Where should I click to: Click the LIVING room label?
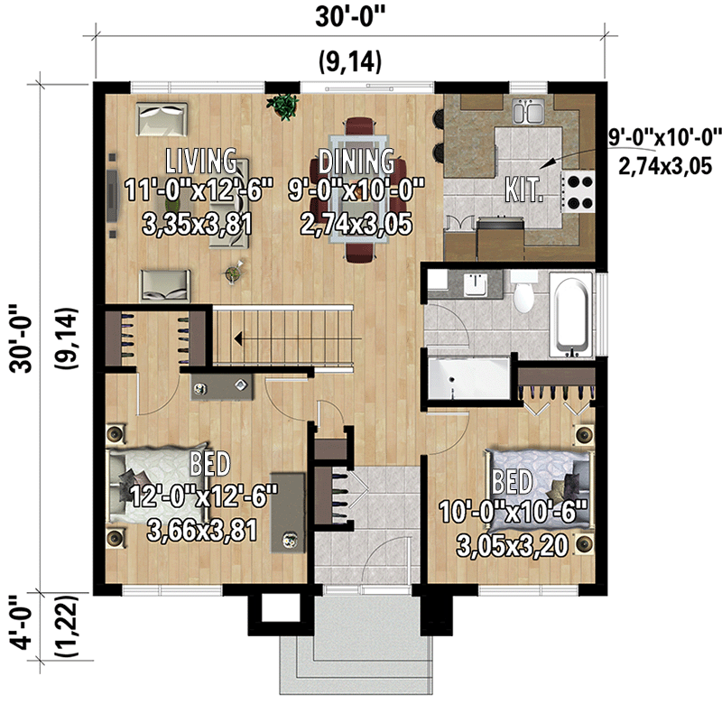click(x=200, y=162)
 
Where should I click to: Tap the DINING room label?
click(x=356, y=162)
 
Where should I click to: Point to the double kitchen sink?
click(x=527, y=113)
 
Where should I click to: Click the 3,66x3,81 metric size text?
click(x=200, y=531)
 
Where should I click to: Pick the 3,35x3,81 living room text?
click(x=198, y=224)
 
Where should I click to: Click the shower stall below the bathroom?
click(x=467, y=377)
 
